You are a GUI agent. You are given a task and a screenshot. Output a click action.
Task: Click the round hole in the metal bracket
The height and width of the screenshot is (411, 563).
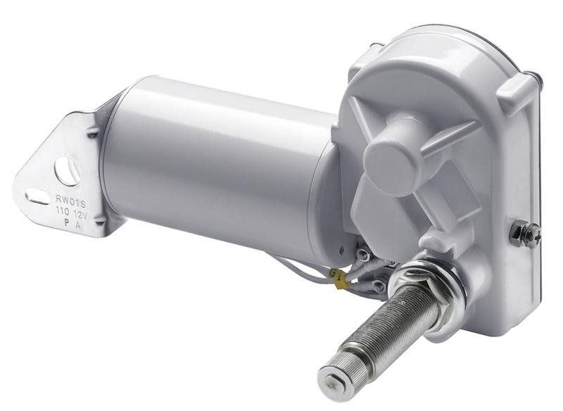pyautogui.click(x=68, y=169)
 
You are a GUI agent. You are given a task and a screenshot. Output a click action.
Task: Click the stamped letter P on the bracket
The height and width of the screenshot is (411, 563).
pyautogui.click(x=67, y=221)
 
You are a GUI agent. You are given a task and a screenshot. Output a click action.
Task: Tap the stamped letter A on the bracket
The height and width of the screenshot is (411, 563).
pyautogui.click(x=84, y=220)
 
